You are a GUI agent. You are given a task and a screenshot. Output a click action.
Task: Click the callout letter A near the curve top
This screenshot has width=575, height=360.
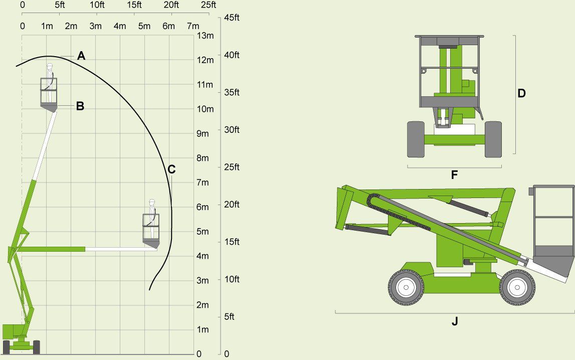[81, 56]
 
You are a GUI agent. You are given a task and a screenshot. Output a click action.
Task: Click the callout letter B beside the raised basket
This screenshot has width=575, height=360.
[80, 106]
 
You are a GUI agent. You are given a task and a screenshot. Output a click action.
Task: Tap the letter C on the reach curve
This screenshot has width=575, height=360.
[171, 169]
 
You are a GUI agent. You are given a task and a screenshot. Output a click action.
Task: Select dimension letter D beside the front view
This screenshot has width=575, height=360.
[521, 93]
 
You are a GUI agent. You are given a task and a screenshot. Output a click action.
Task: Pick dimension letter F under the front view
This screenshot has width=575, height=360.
[454, 175]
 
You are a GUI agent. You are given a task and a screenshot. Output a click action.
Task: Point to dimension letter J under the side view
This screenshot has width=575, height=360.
[455, 321]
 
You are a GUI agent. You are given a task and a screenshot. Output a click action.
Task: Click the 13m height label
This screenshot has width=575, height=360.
[206, 36]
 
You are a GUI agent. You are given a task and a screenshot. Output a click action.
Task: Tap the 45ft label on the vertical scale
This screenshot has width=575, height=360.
[232, 18]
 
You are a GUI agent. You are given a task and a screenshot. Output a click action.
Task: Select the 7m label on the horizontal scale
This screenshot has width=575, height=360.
[194, 26]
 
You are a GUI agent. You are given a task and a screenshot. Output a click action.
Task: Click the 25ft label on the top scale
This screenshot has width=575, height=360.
[209, 5]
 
